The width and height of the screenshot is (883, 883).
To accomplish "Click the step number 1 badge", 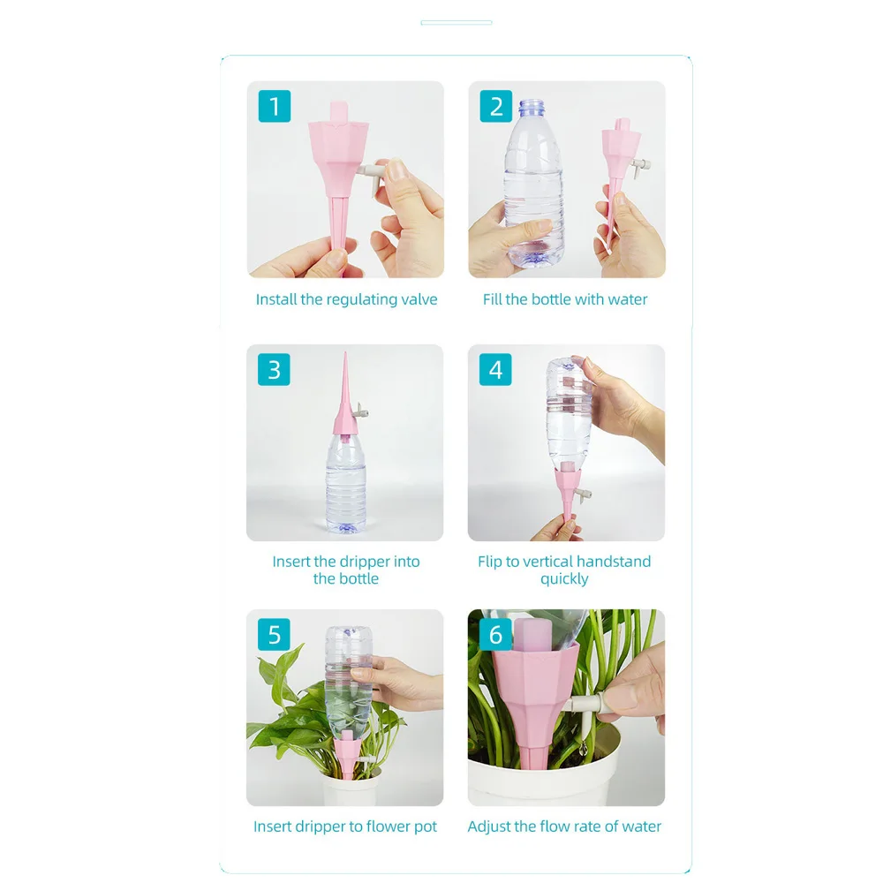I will click(275, 106).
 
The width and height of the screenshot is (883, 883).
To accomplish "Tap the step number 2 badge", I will click(495, 106).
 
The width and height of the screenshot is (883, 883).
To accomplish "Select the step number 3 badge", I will click(275, 369).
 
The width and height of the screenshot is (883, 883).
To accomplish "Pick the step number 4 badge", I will click(495, 369).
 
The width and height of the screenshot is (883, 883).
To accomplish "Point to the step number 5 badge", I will click(275, 634).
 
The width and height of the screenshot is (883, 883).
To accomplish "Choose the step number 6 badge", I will click(495, 634).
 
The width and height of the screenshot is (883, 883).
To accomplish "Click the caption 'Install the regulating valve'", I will click(346, 299).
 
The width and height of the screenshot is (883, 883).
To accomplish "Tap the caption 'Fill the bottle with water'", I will click(565, 299).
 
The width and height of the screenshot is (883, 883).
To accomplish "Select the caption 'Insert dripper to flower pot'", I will click(345, 826).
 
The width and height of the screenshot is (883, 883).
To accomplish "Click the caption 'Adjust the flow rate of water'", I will click(564, 826).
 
